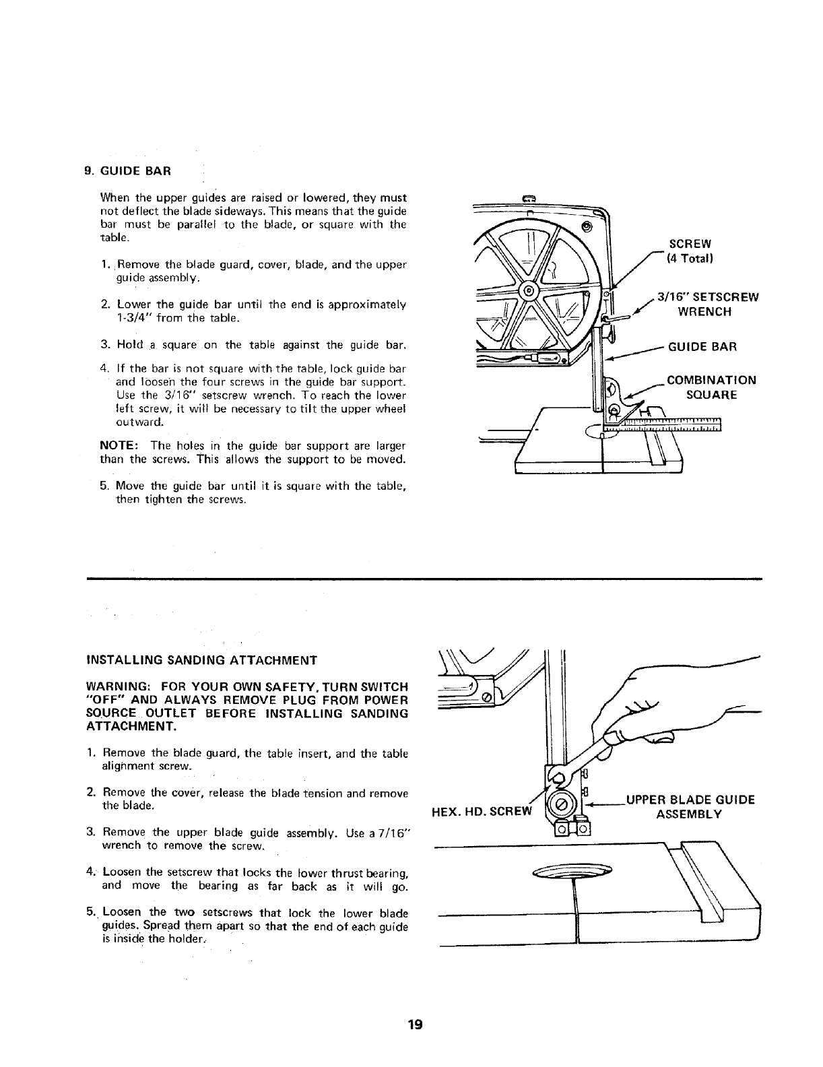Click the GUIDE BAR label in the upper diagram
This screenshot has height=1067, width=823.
(702, 347)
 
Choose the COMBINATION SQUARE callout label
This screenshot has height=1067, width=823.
(711, 387)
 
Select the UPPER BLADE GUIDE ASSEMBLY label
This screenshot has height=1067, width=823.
(690, 807)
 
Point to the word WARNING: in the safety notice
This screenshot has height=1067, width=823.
(117, 686)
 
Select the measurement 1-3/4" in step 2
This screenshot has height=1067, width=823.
(133, 318)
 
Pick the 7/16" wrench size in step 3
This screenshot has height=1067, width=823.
(393, 833)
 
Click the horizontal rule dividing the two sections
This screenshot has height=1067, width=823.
(424, 578)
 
